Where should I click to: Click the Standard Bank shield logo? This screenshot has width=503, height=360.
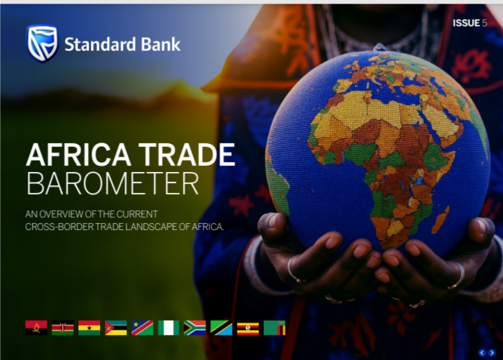point(41,43)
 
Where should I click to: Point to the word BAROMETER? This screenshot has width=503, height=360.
point(112,183)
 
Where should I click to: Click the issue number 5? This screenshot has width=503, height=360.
point(485,23)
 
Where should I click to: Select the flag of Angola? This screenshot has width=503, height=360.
point(36,328)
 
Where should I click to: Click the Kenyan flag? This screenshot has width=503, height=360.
point(63,328)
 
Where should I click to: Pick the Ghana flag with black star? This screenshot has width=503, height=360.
point(89,328)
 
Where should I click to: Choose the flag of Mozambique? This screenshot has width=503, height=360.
point(116,328)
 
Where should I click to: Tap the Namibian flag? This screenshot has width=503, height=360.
point(142,328)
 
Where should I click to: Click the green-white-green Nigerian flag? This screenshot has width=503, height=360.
point(168,328)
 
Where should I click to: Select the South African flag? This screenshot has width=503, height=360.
point(195,328)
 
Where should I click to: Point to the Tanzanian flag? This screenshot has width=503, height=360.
point(221,328)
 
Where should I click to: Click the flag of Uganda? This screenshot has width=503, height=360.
point(248,328)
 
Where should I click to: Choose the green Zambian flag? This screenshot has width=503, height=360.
point(275,328)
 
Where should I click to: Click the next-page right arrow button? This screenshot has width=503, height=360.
point(492,352)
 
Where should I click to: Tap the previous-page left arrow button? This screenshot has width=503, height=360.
point(482,352)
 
